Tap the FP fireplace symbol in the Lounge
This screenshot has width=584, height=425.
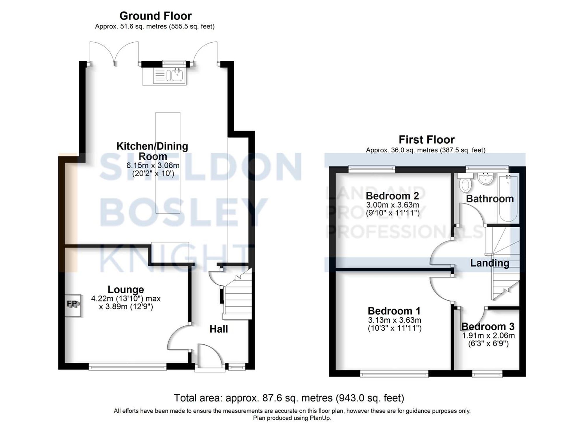tap(72, 304)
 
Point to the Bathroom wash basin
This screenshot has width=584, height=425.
tap(486, 178)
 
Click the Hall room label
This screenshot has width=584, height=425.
tap(218, 329)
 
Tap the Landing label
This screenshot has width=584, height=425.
tap(490, 263)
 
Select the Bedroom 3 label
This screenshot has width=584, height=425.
tap(488, 326)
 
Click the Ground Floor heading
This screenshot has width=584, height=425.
tap(155, 16)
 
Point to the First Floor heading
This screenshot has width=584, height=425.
tap(427, 140)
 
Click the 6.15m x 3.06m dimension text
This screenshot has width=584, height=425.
tap(153, 165)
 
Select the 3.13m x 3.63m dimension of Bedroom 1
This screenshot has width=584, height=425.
tap(394, 320)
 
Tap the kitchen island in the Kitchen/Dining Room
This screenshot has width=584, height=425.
tap(168, 162)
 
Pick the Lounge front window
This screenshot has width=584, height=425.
tap(128, 367)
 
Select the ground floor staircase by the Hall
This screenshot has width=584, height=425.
tap(237, 298)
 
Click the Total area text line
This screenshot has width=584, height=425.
tap(289, 398)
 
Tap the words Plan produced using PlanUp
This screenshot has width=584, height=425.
tap(292, 418)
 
